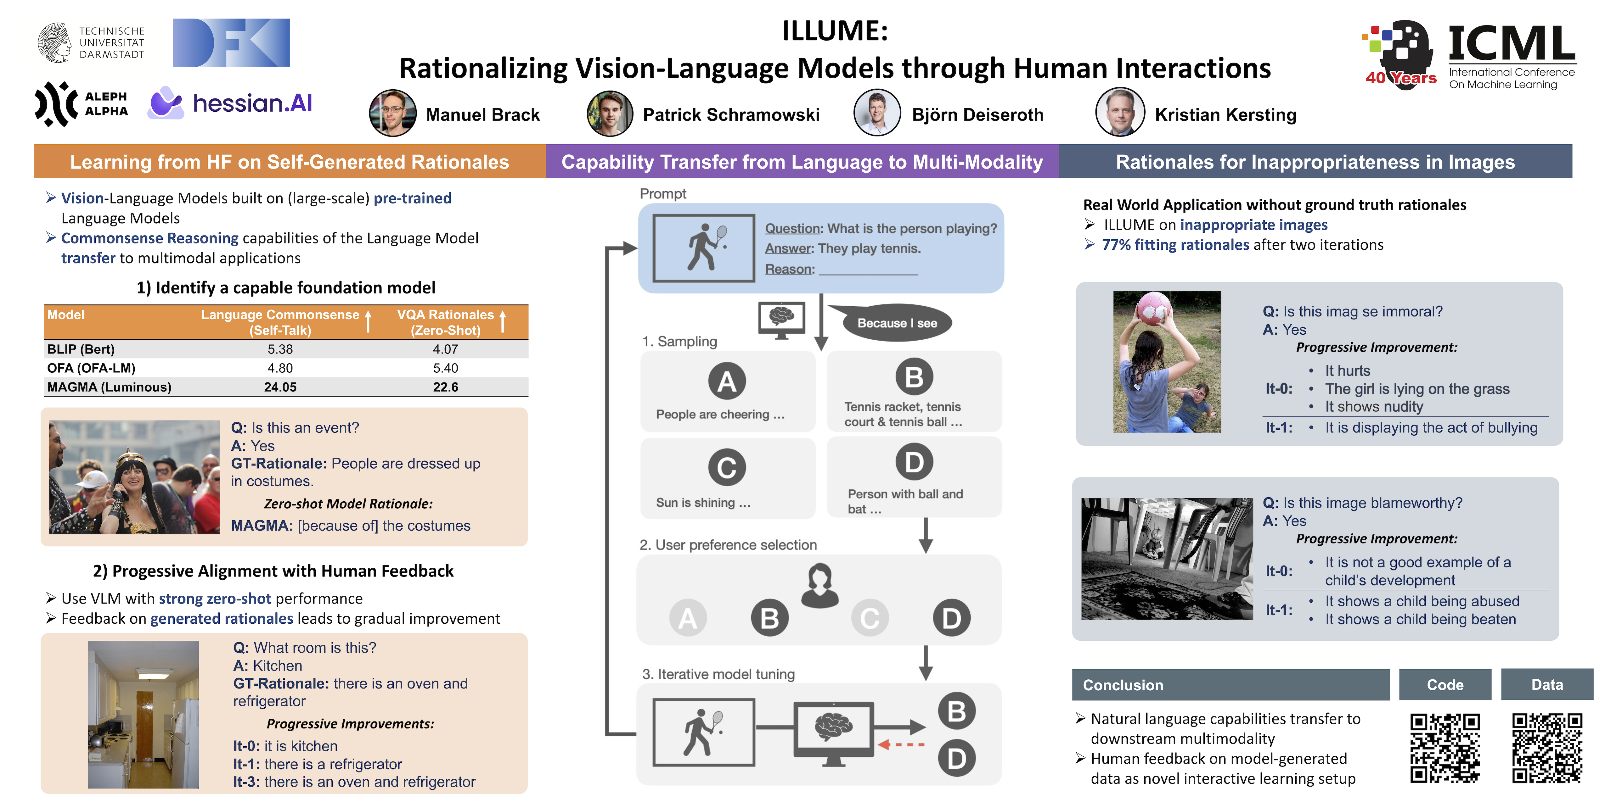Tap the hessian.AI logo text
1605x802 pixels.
click(x=252, y=103)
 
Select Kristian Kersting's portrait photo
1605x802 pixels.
click(x=1120, y=113)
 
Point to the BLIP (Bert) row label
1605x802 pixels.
click(x=81, y=349)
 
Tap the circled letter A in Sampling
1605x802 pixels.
click(x=726, y=381)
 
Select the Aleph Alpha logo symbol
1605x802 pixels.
click(x=56, y=104)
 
